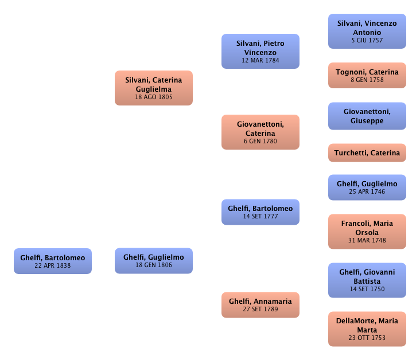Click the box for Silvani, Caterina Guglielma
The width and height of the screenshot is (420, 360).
pos(153,88)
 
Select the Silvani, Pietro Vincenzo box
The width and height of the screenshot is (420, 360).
pos(260,51)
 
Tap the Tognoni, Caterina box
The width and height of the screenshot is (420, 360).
pos(367,76)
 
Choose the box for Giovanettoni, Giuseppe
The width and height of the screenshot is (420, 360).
pos(367,116)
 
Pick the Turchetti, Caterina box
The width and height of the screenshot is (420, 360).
pos(367,153)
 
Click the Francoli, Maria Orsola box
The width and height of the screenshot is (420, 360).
pos(367,232)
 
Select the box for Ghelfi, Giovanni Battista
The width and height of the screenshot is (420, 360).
pos(367,280)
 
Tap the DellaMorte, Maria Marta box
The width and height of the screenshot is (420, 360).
pos(367,329)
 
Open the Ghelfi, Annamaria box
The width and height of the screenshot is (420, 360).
pos(260,304)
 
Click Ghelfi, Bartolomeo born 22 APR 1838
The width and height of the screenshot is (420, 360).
pos(52,261)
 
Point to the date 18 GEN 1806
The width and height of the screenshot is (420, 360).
pos(153,265)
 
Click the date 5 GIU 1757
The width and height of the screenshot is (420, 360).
pos(367,41)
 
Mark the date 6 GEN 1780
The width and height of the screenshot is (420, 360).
pos(260,142)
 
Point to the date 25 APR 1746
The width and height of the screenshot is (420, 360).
pos(367,191)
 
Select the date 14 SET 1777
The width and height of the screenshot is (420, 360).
pos(260,216)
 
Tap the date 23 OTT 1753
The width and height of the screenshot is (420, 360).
pos(367,338)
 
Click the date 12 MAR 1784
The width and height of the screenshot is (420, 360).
pos(260,60)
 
